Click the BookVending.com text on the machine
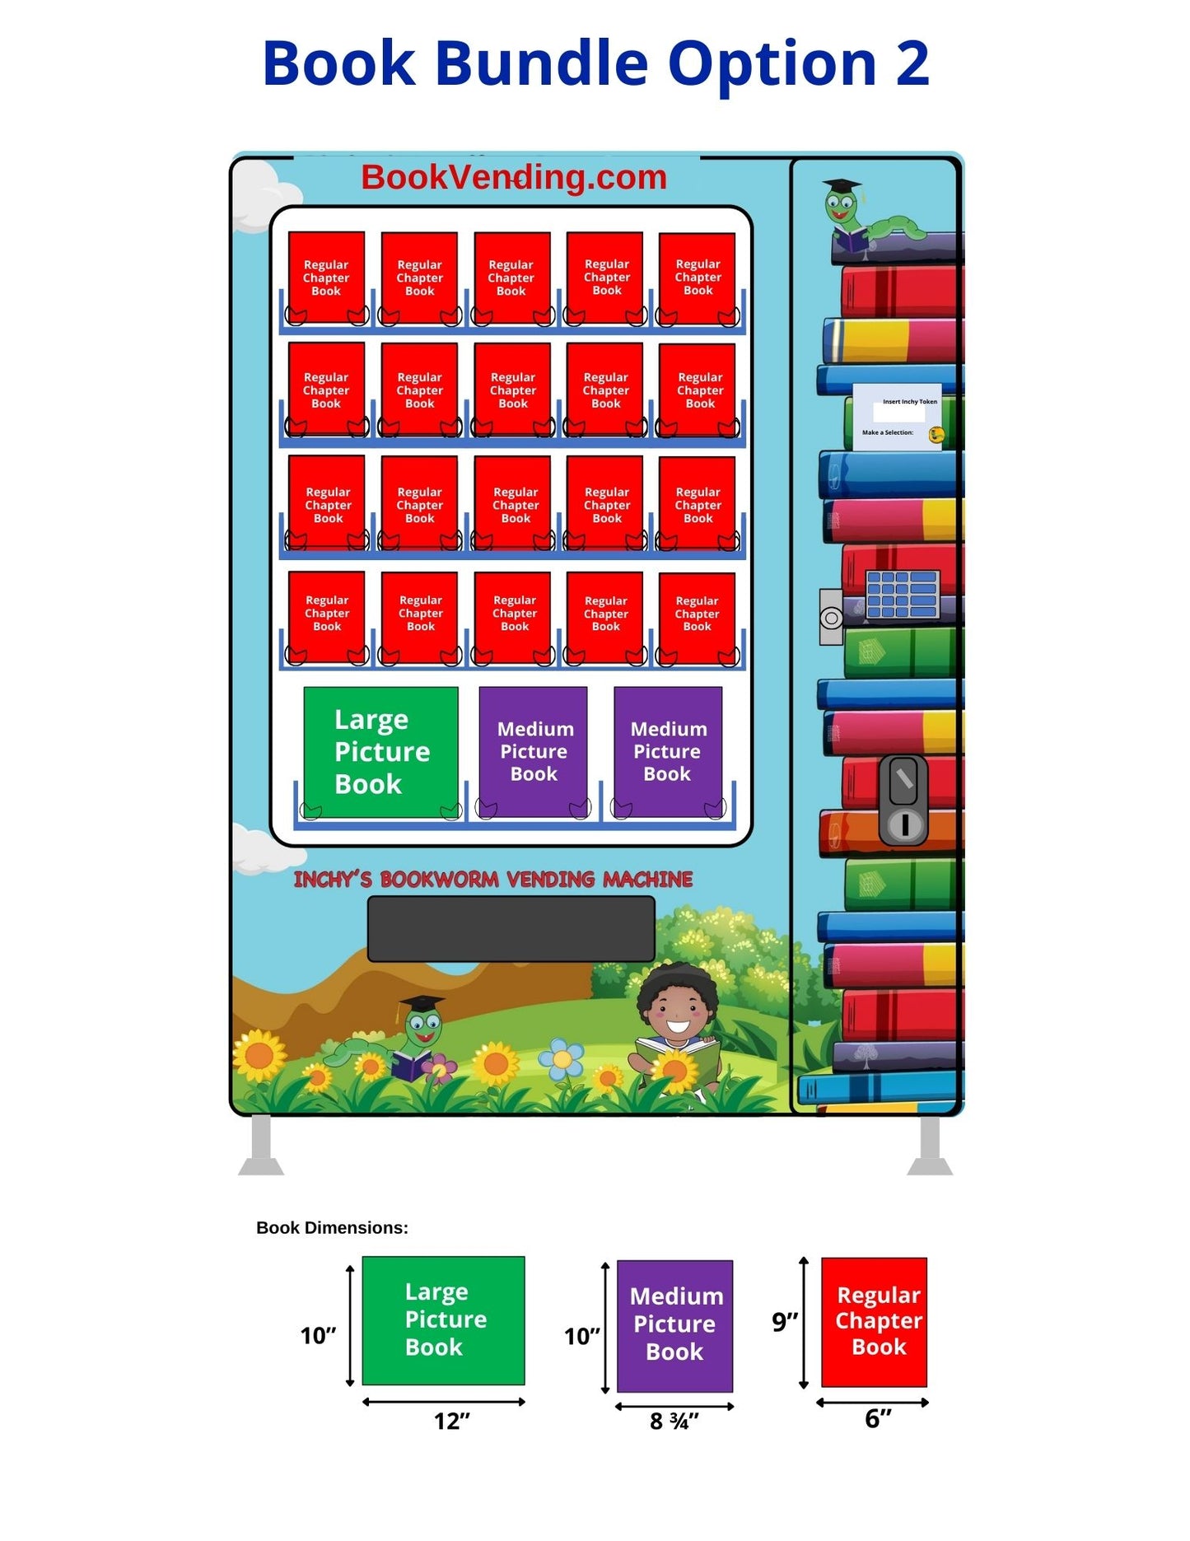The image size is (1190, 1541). click(513, 177)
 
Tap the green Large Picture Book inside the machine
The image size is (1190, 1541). click(380, 751)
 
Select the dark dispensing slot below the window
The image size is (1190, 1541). click(511, 928)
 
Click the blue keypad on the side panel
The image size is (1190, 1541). click(902, 594)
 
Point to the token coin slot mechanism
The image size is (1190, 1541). click(903, 800)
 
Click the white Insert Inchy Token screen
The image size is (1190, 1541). click(897, 416)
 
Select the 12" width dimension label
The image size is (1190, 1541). click(451, 1420)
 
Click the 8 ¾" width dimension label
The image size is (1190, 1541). click(674, 1421)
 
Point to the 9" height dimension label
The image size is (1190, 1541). click(784, 1322)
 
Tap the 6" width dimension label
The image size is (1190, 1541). click(877, 1418)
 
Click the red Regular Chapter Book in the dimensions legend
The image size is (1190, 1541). click(874, 1321)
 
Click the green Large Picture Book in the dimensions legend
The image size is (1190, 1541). click(443, 1319)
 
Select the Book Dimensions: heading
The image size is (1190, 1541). click(332, 1227)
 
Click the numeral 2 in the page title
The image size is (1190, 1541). click(912, 63)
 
